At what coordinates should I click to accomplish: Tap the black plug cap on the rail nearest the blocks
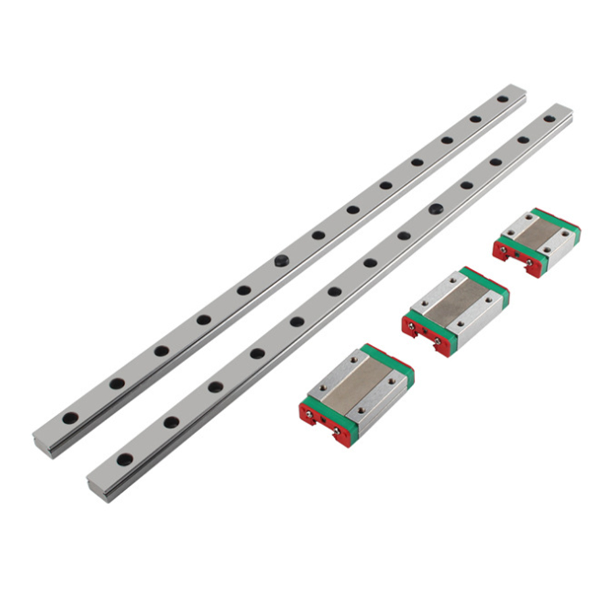click(x=436, y=209)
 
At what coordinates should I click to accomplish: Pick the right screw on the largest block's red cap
click(x=337, y=432)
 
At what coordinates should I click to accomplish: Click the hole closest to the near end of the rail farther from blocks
click(x=70, y=418)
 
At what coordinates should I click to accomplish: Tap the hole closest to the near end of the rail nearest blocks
click(x=124, y=459)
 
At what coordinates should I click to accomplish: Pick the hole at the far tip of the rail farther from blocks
click(x=502, y=99)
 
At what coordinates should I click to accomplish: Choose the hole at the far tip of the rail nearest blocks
click(x=549, y=119)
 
